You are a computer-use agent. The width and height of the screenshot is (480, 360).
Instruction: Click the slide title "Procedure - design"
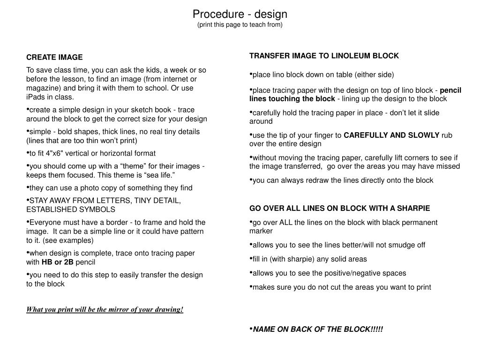click(240, 14)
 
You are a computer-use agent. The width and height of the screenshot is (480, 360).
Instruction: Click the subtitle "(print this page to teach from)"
click(240, 25)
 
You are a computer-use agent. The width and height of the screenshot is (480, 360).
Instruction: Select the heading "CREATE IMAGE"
click(54, 58)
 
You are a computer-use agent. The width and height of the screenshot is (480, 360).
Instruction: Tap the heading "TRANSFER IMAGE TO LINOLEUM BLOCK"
click(324, 56)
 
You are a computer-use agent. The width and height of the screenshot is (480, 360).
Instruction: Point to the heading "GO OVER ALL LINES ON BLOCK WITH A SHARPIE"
click(339, 208)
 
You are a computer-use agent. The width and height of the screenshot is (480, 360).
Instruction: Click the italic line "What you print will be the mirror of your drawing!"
click(105, 309)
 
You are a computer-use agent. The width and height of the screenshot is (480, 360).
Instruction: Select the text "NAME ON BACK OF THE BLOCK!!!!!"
click(318, 329)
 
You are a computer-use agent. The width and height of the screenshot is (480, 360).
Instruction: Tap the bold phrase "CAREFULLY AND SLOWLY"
click(391, 135)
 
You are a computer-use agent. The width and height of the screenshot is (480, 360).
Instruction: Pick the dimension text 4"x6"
click(50, 153)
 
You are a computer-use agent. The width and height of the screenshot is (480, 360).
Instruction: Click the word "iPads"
click(36, 97)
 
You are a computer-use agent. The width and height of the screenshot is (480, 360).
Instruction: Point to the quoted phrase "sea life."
click(167, 175)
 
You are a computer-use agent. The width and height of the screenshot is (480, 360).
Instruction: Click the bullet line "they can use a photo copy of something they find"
click(111, 188)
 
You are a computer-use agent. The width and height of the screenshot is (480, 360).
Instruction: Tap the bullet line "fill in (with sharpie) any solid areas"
click(309, 259)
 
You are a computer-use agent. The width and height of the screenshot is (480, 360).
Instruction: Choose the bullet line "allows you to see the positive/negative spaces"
click(329, 273)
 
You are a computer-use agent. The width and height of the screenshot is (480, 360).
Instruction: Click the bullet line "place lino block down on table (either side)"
click(323, 75)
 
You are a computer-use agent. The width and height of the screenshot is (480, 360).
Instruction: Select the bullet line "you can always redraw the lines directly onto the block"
click(343, 180)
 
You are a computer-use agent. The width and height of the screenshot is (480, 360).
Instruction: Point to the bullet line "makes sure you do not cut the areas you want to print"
click(342, 287)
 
